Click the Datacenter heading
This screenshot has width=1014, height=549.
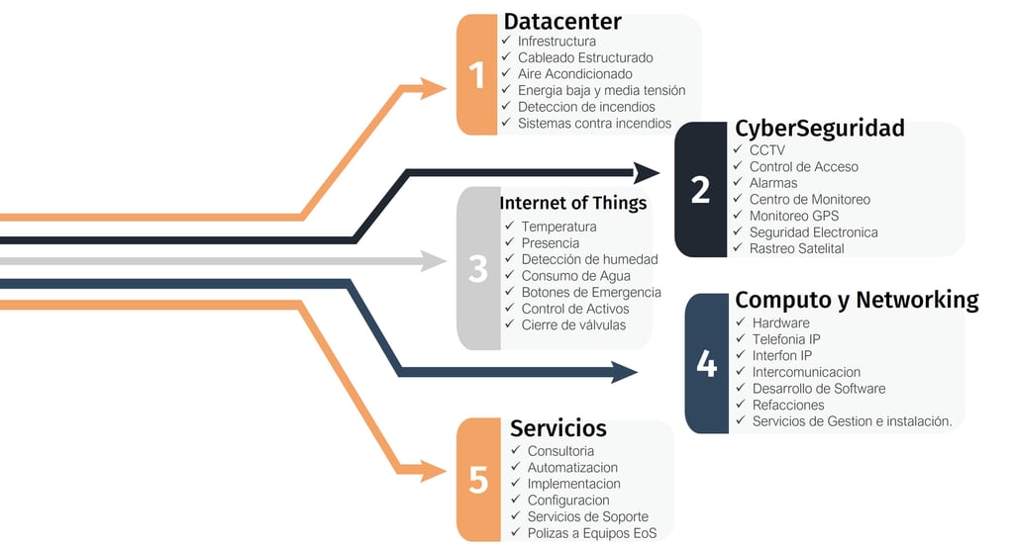coord(562,22)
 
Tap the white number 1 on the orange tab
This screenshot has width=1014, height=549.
coord(477,75)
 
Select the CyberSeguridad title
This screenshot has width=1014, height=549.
coord(819,130)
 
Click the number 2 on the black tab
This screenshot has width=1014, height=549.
coord(700,190)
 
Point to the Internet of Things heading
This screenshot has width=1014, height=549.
coord(572,203)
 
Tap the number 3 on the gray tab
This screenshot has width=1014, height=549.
coord(478,269)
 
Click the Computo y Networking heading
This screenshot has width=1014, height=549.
coord(857,301)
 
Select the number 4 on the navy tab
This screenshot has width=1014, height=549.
coord(706,364)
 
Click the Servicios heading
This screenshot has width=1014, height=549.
coord(558,428)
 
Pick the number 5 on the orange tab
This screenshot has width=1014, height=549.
coord(478,480)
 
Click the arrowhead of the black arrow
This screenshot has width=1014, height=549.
coord(646,172)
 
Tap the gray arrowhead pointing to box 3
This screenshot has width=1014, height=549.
coord(433,261)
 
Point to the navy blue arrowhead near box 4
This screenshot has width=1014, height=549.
coord(625,372)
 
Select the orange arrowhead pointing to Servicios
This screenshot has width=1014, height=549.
coord(433,470)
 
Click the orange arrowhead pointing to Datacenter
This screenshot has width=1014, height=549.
coord(433,88)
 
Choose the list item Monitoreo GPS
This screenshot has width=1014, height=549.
coord(793,216)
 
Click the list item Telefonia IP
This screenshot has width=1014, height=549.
coord(785,339)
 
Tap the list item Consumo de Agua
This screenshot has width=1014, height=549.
coord(575,276)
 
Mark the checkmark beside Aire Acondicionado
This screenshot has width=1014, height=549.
coord(506,73)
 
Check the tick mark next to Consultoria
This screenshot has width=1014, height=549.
coord(515,449)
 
